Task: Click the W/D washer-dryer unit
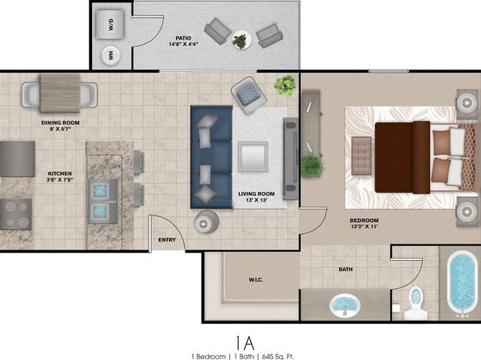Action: click(x=110, y=24)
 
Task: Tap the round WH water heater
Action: click(x=111, y=56)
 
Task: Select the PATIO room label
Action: click(x=183, y=38)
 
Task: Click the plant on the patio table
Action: click(x=240, y=41)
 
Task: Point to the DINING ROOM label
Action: click(x=61, y=123)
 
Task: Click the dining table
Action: click(x=60, y=93)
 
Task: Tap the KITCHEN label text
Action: click(x=60, y=174)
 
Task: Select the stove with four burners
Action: click(x=16, y=214)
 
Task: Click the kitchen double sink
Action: click(x=102, y=201)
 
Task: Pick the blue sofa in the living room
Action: click(x=211, y=157)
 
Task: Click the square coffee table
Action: click(x=253, y=157)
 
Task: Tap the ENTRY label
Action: click(x=167, y=240)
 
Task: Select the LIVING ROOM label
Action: click(x=257, y=194)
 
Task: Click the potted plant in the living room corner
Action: click(x=285, y=85)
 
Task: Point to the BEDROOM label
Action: click(x=364, y=220)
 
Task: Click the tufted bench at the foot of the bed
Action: click(x=362, y=156)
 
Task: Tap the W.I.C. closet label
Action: click(x=256, y=280)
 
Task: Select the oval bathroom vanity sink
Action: click(x=345, y=305)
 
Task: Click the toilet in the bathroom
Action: click(x=416, y=303)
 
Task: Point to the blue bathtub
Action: click(x=462, y=283)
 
